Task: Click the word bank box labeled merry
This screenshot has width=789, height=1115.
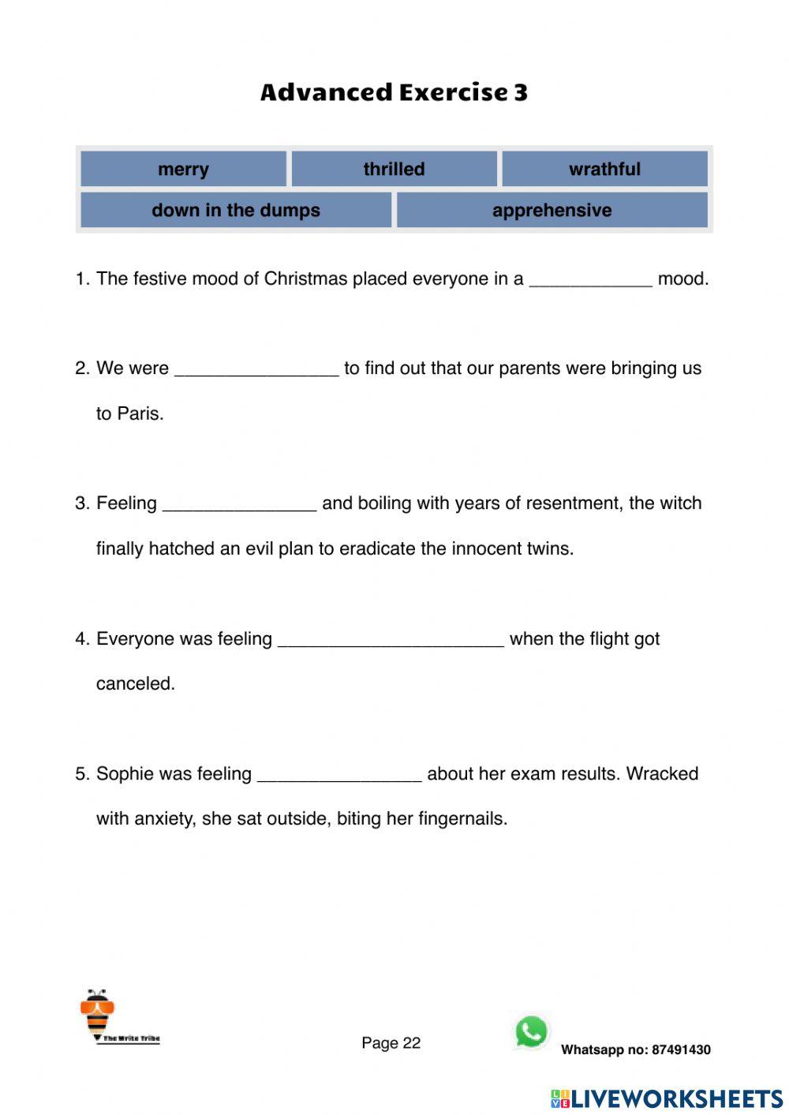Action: point(183,169)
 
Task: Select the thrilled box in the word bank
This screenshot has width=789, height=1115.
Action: point(394,169)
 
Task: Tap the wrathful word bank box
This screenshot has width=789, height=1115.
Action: point(604,169)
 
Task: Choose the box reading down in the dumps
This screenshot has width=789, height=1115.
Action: point(236,210)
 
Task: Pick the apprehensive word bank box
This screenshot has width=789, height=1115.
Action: point(552,210)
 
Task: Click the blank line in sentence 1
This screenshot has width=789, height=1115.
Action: point(590,281)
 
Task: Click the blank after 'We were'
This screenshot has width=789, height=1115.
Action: point(256,370)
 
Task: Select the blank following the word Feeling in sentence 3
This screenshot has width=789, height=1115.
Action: point(239,505)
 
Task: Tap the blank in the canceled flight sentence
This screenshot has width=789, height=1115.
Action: point(391,641)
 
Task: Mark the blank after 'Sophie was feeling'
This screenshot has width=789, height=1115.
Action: point(339,776)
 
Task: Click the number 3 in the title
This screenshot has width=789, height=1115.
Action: point(521,92)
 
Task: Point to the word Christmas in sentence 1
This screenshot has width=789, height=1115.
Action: point(305,279)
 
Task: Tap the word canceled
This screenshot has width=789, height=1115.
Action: point(135,683)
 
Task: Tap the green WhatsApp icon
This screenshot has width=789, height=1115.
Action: point(531,1031)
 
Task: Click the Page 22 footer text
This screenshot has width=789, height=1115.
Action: point(391,1043)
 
